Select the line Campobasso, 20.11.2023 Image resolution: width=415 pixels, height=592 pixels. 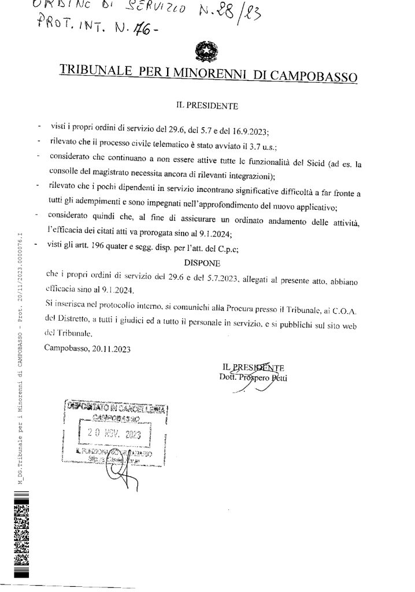point(87,349)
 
